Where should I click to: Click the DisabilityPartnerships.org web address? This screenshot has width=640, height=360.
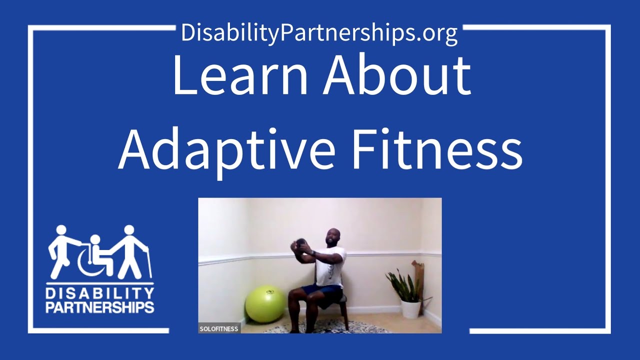coord(319,33)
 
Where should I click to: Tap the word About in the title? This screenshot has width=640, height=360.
coord(396,76)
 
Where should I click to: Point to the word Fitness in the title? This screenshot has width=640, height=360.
coord(436,148)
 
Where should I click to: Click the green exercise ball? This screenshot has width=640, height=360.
coord(265,304)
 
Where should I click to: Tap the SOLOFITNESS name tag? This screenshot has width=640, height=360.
coord(219,328)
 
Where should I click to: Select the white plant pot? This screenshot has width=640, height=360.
coord(410,308)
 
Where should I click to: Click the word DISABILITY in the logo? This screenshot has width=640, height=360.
coord(100,292)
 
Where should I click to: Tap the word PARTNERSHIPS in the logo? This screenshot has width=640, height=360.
coord(100,306)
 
